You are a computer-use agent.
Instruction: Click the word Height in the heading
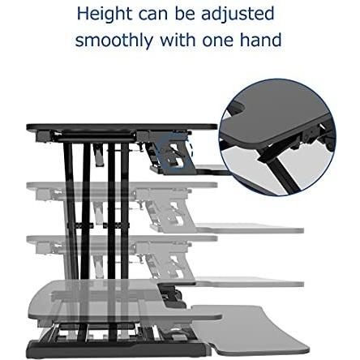click(105, 14)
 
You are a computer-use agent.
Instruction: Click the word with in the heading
click(178, 40)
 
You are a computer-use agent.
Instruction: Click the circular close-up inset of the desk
click(278, 137)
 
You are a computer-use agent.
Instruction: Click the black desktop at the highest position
click(122, 127)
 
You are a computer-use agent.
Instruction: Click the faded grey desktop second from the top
click(122, 185)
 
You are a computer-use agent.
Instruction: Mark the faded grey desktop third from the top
click(122, 238)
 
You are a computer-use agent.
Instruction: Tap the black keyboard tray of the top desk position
click(212, 169)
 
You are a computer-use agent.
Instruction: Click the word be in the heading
click(185, 14)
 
